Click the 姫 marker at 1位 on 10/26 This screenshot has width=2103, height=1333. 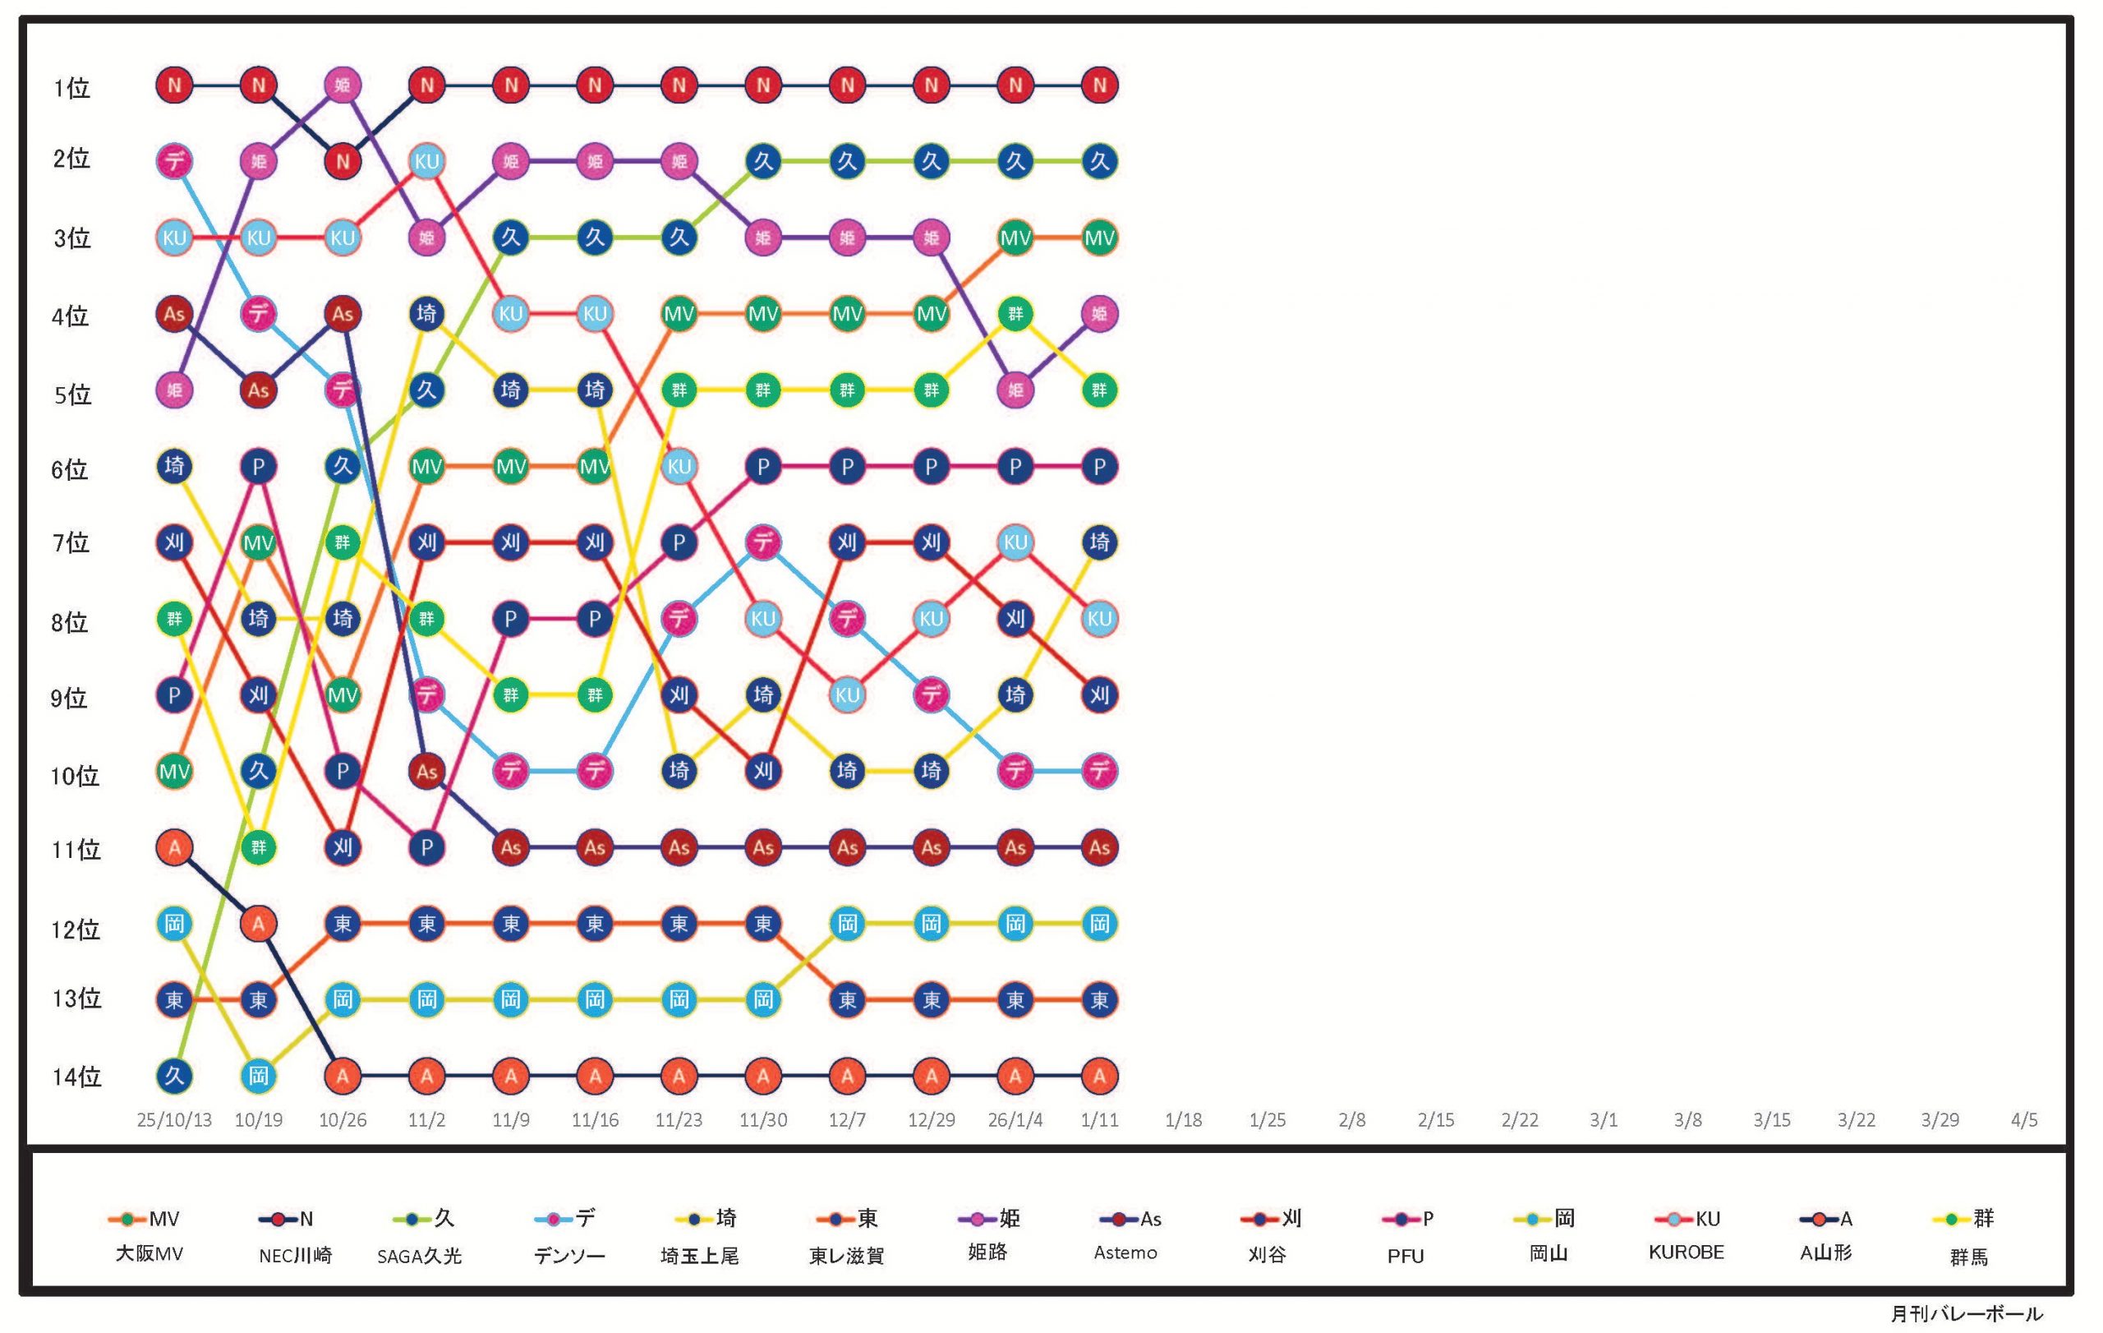point(343,85)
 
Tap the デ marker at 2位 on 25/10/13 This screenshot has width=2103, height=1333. point(175,162)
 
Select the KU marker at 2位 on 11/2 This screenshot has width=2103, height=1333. point(426,162)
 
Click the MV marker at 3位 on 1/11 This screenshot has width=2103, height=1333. point(1098,238)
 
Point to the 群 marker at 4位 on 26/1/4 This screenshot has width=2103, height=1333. point(1015,314)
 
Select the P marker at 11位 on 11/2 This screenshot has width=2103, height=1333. point(426,847)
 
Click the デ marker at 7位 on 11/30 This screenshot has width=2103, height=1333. point(763,542)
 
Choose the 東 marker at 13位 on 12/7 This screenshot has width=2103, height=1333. point(847,999)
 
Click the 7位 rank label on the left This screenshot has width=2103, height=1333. point(71,543)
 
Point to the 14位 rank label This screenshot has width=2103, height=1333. point(77,1077)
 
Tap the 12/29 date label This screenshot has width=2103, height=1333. point(931,1120)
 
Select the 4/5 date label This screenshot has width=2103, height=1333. point(2023,1120)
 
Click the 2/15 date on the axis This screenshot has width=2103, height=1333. point(1436,1120)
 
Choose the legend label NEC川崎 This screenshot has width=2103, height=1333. point(295,1256)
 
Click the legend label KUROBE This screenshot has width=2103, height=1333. point(1686,1252)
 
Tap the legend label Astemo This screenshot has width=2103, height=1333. point(1125,1252)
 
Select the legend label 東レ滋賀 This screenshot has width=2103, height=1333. point(846,1256)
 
